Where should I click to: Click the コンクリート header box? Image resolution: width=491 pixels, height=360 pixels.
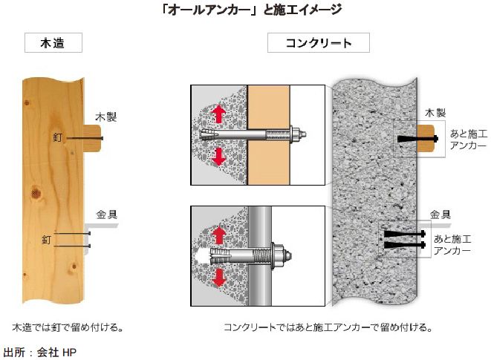pyautogui.click(x=319, y=43)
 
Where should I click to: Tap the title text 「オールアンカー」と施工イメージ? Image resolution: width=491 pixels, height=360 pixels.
pyautogui.click(x=245, y=10)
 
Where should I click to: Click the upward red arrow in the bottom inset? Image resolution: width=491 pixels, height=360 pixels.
pyautogui.click(x=220, y=236)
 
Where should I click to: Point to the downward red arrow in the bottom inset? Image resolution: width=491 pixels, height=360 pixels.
pyautogui.click(x=220, y=278)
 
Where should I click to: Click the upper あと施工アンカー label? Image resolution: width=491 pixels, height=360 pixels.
pyautogui.click(x=469, y=140)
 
